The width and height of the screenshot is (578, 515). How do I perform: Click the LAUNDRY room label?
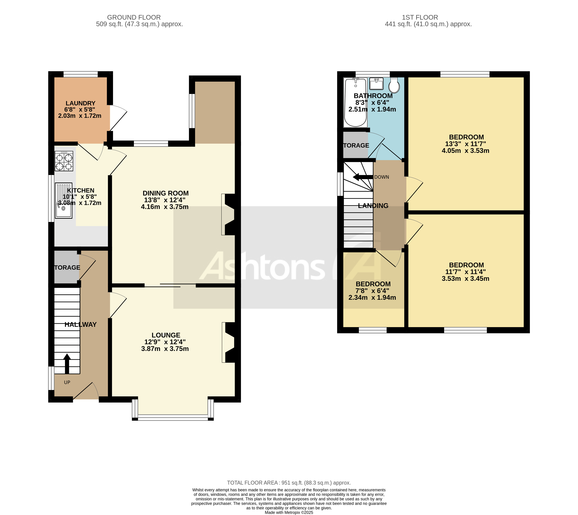pos(80,103)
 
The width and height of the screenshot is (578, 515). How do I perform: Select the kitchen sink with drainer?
pos(64,201)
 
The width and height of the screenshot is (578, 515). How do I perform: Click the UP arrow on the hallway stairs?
pos(67,363)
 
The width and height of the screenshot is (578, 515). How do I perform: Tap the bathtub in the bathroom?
pos(355,103)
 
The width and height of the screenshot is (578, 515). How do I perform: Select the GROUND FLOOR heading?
pos(134,17)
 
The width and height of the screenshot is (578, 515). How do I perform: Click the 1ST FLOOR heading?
pos(420,17)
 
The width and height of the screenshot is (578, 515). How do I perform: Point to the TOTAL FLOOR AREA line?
pos(289,483)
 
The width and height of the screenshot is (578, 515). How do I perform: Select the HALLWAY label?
pos(81,324)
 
